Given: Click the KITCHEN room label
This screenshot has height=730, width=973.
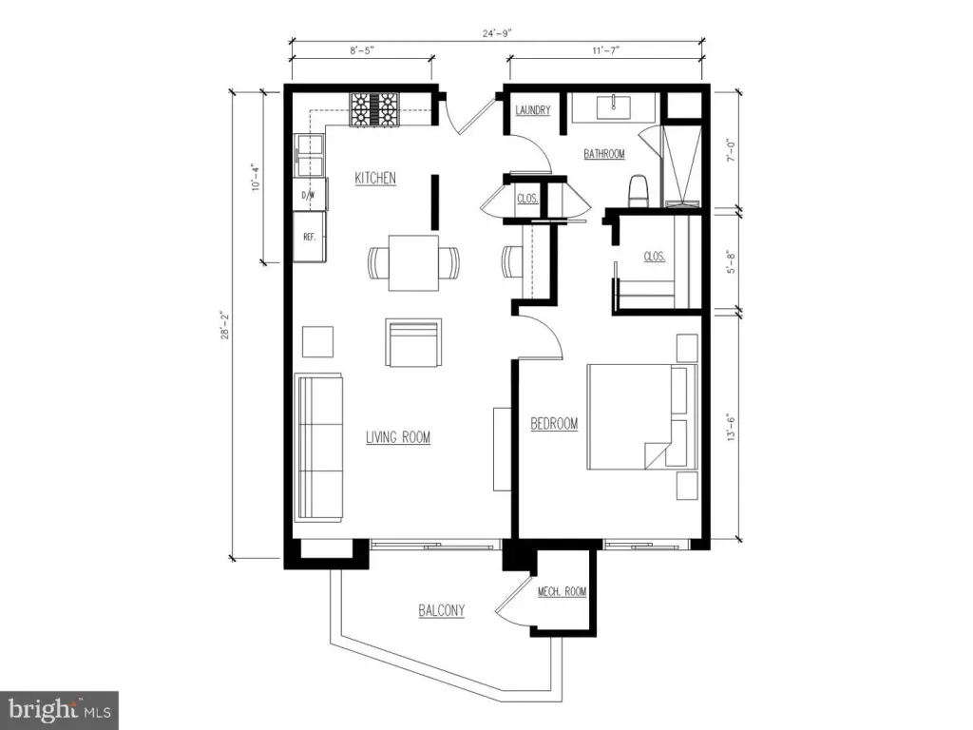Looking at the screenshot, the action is point(374,178).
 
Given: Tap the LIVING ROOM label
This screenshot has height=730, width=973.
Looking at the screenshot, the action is point(398,437).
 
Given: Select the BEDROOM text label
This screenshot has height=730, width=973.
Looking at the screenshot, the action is point(554,424).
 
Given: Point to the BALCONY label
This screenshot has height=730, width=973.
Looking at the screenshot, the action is point(441,611).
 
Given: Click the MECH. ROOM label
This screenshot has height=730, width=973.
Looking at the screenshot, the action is point(562,592).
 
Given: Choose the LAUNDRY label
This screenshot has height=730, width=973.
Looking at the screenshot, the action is point(533,110).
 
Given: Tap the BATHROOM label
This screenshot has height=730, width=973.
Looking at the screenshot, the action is point(603,154).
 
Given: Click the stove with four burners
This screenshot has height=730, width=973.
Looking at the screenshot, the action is point(374,110).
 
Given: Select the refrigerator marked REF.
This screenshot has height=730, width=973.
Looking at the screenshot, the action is point(309,237).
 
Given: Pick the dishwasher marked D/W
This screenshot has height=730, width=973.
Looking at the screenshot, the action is point(309,194).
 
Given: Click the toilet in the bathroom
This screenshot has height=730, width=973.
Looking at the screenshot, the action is point(639,191).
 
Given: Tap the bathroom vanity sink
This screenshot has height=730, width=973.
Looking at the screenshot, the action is point(613,106).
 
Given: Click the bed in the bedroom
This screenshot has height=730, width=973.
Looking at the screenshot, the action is point(642,416).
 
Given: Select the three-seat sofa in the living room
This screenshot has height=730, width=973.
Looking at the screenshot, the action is point(319,448).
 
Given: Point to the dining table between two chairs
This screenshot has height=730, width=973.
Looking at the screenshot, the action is point(413,262).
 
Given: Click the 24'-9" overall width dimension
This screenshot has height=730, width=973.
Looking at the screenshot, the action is point(497,33).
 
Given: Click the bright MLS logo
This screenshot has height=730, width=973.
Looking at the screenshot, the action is point(60,709).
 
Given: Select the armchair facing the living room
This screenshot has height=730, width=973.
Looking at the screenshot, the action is point(413,342).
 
